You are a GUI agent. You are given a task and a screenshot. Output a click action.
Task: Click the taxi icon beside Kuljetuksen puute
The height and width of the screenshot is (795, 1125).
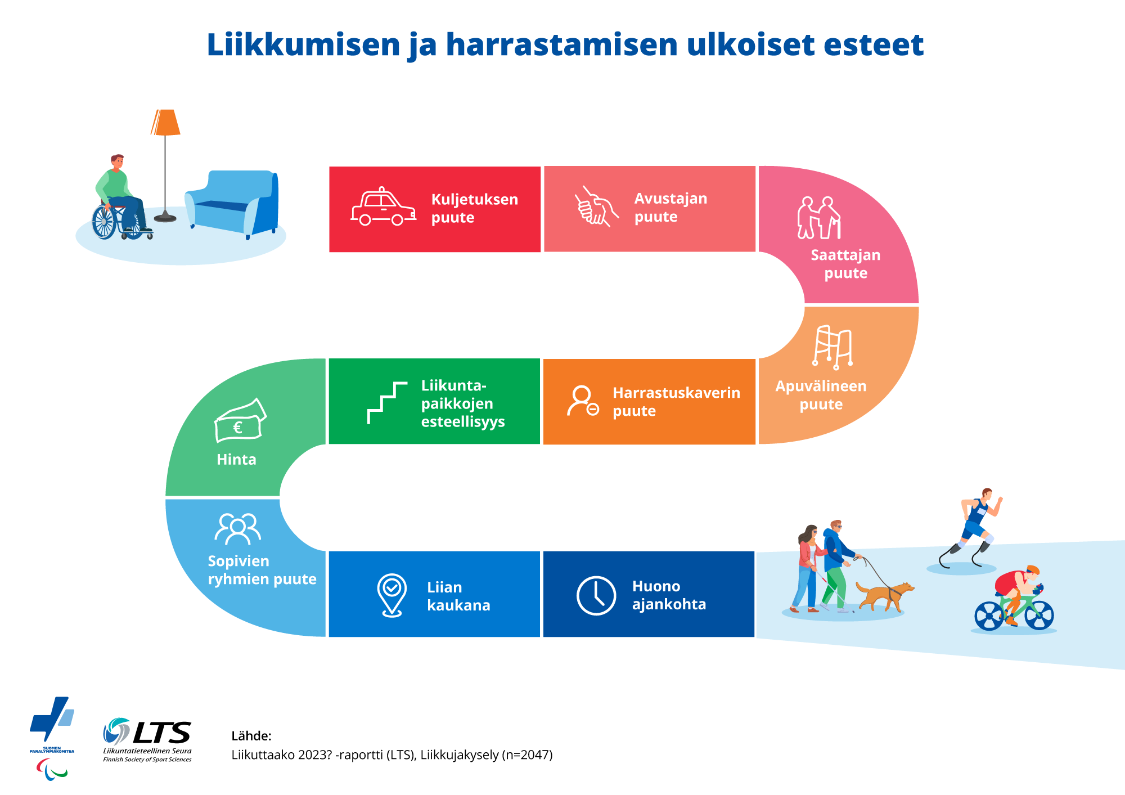point(383,208)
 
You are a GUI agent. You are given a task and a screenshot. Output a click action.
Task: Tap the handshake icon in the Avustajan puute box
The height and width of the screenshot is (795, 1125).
point(596,207)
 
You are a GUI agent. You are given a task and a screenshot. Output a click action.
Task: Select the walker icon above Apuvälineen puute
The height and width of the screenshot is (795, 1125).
point(832,347)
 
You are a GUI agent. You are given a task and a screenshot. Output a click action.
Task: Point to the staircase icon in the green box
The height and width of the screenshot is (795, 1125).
point(387,403)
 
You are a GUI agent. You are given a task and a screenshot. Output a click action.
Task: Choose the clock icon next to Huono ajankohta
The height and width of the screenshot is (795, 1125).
point(596,595)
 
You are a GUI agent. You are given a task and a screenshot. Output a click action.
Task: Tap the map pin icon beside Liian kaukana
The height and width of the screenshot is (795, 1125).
point(391,595)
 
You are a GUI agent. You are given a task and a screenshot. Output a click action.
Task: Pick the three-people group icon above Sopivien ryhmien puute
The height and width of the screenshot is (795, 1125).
point(238,528)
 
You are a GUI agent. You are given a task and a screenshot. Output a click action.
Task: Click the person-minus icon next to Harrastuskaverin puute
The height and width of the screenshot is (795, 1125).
point(583,401)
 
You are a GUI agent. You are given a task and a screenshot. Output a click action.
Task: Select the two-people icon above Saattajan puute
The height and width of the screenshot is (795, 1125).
point(818,217)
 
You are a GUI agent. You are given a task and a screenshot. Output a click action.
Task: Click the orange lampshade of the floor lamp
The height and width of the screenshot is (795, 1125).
point(165,123)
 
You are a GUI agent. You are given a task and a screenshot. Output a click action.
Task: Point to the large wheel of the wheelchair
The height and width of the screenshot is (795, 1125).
point(104,222)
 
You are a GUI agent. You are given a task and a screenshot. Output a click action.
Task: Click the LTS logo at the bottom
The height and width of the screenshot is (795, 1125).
point(148,738)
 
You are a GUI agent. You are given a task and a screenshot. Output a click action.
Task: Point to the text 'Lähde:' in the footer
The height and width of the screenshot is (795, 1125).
point(251,736)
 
